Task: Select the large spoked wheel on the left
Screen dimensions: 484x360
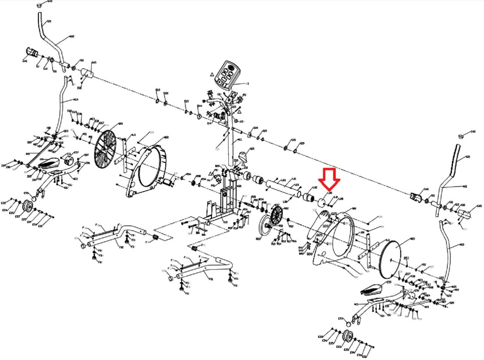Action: (x=105, y=149)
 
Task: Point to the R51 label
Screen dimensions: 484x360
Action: (x=406, y=258)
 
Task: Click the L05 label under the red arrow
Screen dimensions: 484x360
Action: (x=330, y=193)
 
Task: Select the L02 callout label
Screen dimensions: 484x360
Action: (x=315, y=188)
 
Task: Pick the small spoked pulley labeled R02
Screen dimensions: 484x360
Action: (x=277, y=215)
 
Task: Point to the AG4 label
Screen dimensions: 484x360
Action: (x=76, y=99)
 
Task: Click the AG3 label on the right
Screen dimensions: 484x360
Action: (x=461, y=245)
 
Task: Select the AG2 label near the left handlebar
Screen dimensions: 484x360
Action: (x=72, y=37)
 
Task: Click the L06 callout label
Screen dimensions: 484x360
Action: (x=285, y=202)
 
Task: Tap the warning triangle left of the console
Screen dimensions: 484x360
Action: (x=212, y=74)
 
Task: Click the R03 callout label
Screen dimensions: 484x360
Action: (x=258, y=239)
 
